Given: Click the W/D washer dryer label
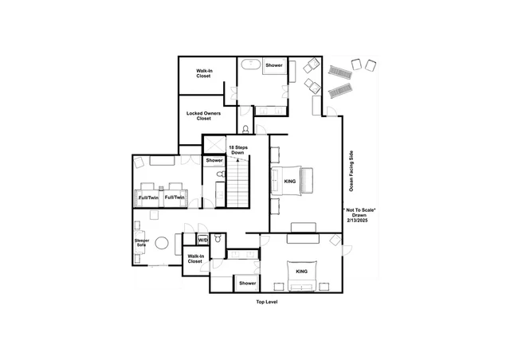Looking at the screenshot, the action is click(203, 240).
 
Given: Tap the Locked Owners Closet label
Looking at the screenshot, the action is click(204, 115).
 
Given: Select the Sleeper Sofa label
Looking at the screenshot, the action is click(142, 243).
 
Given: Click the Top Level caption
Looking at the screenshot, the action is click(267, 302).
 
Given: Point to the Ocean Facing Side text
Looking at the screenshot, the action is click(351, 171).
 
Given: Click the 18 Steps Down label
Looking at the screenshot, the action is click(238, 150).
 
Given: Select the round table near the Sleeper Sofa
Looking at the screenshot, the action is click(162, 243).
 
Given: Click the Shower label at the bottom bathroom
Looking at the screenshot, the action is click(248, 284).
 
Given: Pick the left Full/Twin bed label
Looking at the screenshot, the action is click(149, 198).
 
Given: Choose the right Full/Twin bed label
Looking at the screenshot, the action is click(175, 198).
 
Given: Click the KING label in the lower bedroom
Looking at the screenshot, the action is click(301, 272).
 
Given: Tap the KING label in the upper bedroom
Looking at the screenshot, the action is click(290, 181).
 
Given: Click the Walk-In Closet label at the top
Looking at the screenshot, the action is click(204, 73).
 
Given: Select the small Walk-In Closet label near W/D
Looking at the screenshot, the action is click(194, 259).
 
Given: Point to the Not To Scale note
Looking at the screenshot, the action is click(359, 210).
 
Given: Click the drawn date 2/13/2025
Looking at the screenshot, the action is click(357, 220).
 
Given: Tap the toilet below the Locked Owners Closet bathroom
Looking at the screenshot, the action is click(245, 129).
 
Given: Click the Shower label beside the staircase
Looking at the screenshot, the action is click(214, 160).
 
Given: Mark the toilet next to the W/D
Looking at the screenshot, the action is click(218, 239).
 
